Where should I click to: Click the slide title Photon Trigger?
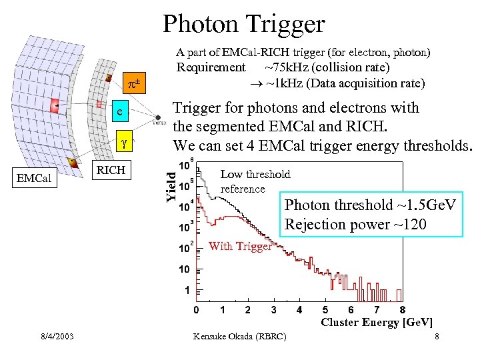click(243, 24)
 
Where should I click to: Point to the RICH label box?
click(111, 170)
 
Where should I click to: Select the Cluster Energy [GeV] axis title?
click(377, 323)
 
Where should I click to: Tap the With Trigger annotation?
click(239, 247)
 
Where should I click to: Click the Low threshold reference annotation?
click(255, 181)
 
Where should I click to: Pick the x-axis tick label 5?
click(325, 310)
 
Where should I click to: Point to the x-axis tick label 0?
click(196, 310)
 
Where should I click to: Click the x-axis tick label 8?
click(402, 310)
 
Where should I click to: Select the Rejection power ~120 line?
click(355, 224)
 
